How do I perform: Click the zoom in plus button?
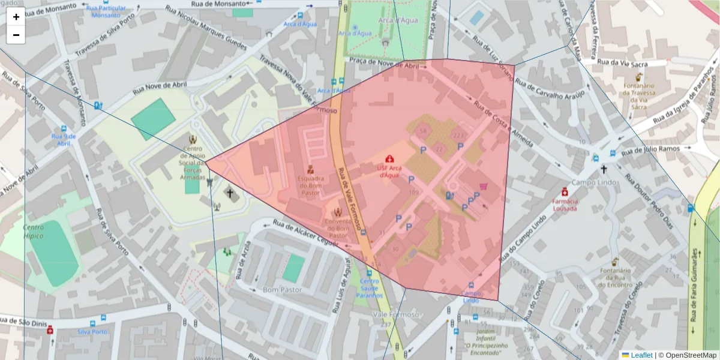click(16, 17)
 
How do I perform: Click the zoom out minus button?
click(16, 35)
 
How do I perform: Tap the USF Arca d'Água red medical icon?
click(389, 158)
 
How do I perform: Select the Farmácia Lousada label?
click(565, 205)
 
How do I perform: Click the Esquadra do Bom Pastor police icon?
click(310, 169)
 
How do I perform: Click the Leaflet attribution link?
click(641, 355)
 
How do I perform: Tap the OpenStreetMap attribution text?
click(687, 355)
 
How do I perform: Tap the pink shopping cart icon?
click(483, 187)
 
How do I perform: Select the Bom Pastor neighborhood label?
click(282, 290)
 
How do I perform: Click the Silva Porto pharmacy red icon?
click(50, 329)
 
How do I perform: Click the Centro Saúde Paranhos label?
click(370, 288)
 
